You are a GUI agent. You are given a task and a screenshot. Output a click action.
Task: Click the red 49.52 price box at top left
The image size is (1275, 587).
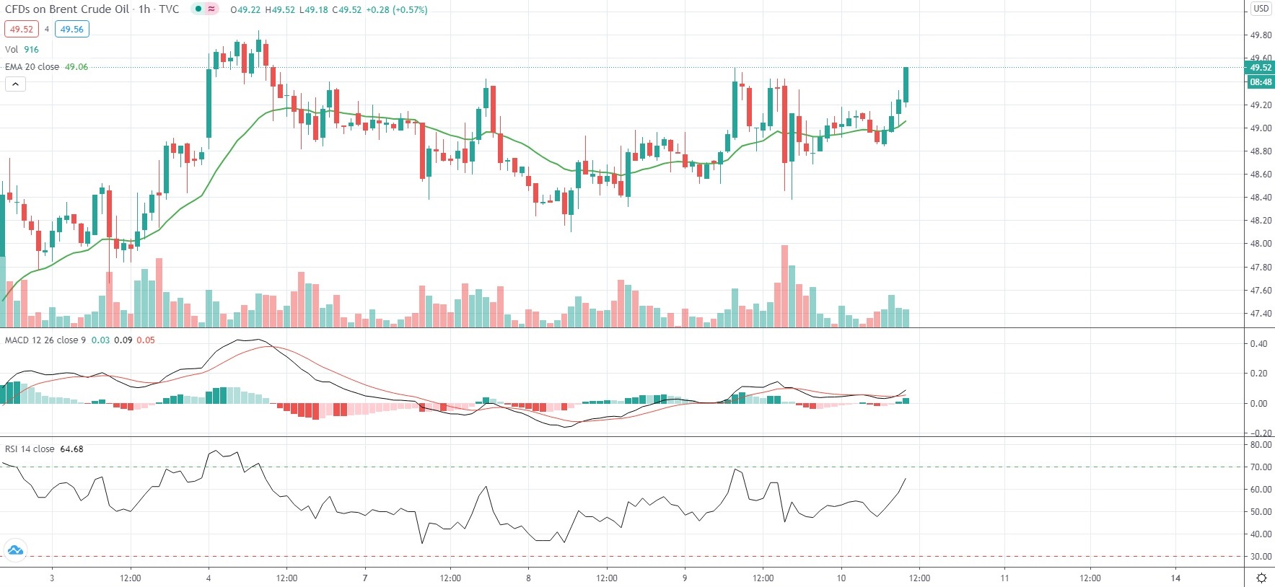point(21,30)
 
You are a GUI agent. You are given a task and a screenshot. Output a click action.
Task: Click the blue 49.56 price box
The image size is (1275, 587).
point(71,30)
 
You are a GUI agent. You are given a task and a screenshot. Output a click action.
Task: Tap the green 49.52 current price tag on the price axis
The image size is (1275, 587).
point(1260,68)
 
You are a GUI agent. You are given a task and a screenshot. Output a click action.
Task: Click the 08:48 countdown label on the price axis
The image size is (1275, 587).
point(1260,82)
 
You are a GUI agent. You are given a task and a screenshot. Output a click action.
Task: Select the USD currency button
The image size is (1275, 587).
point(1261,9)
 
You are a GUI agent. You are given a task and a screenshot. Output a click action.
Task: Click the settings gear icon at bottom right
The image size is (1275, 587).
point(1261,578)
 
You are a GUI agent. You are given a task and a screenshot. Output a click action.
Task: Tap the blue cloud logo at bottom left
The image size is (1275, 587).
point(15,550)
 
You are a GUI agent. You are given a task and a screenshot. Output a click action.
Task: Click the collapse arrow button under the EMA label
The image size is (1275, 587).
point(15,84)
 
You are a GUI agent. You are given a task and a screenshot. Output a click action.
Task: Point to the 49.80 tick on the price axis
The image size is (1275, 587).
point(1261,35)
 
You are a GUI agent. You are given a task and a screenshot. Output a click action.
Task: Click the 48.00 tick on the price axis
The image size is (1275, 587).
point(1261,244)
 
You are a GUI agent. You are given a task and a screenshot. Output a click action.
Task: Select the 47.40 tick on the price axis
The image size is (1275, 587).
point(1261,314)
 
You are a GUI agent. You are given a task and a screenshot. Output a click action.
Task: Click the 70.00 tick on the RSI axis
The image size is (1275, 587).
point(1261,467)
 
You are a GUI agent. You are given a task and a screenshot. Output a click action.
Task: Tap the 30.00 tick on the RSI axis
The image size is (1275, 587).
point(1261,557)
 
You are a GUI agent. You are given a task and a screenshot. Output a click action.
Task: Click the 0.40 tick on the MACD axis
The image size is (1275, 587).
point(1258,344)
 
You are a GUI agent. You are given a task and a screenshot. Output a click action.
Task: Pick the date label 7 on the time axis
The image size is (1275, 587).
point(365,578)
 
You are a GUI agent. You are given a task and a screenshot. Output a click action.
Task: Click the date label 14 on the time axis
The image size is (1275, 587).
point(1175,578)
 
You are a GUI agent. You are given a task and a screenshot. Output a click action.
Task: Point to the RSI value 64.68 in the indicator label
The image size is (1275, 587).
point(71,449)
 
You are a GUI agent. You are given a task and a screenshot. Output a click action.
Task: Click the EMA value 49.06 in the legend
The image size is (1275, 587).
point(76,67)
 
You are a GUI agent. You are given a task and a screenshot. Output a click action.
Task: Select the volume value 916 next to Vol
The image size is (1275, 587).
point(32,50)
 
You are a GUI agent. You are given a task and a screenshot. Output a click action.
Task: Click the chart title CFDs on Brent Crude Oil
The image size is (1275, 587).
point(67,9)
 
